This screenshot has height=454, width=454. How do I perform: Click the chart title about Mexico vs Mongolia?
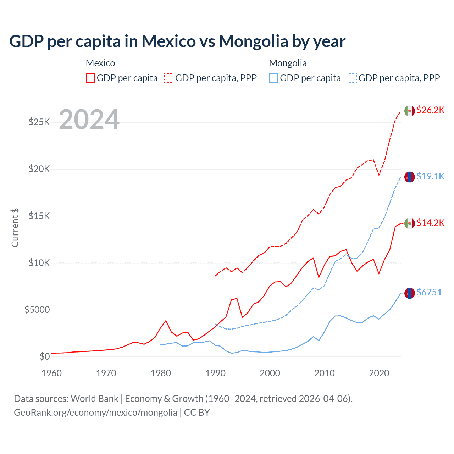point(177,41)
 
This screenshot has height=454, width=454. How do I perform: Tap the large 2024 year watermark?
point(89,120)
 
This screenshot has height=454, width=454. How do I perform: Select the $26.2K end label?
point(430,110)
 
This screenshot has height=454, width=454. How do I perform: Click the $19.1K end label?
point(430,176)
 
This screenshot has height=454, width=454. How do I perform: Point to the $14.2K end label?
point(430,223)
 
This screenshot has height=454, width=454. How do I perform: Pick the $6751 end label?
point(429,292)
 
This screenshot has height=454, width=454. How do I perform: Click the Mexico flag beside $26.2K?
point(410,111)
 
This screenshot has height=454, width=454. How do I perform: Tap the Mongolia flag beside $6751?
point(410,293)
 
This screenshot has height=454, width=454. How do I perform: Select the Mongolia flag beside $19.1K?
point(410,177)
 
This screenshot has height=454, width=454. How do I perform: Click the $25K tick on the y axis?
point(39,122)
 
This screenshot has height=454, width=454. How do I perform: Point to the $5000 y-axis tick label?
point(37,310)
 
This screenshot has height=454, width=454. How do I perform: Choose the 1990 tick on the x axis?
point(215,373)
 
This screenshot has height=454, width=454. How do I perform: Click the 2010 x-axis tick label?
point(325,373)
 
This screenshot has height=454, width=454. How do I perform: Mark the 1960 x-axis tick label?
point(52,373)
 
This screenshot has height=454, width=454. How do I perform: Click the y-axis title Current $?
point(15,228)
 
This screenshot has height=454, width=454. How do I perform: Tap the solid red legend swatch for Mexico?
point(90,78)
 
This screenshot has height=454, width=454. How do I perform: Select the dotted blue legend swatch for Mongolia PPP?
point(352,78)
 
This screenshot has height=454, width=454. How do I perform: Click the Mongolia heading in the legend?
point(288,63)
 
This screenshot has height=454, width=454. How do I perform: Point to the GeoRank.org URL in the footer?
point(95,413)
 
